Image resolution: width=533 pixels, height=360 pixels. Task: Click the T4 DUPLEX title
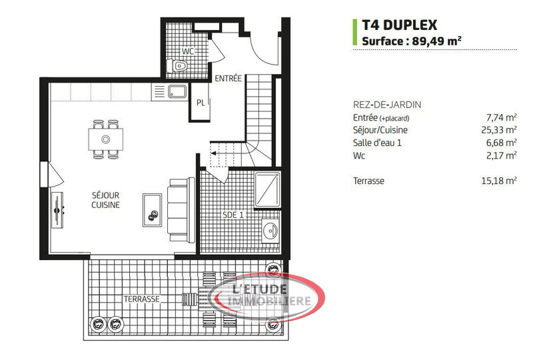pyautogui.click(x=399, y=25)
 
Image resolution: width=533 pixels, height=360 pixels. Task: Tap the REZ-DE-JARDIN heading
pyautogui.click(x=386, y=105)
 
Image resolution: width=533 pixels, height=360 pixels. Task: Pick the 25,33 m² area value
pyautogui.click(x=499, y=130)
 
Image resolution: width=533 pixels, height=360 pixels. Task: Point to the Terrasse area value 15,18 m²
pyautogui.click(x=499, y=181)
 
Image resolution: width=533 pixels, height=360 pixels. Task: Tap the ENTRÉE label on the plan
pyautogui.click(x=228, y=79)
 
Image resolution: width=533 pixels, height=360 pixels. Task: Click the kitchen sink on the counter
pyautogui.click(x=178, y=91)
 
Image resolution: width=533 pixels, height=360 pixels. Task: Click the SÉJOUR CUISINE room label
pyautogui.click(x=105, y=200)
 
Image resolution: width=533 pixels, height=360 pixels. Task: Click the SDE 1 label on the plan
pyautogui.click(x=233, y=215)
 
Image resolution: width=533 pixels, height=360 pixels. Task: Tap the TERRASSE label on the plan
pyautogui.click(x=141, y=299)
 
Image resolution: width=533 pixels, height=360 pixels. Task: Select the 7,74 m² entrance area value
pyautogui.click(x=501, y=117)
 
